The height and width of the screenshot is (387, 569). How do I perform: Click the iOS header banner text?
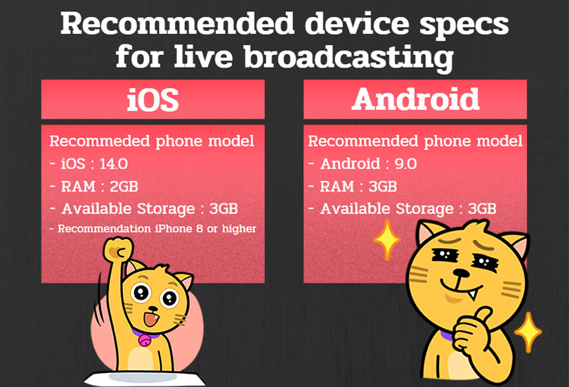[x=152, y=100]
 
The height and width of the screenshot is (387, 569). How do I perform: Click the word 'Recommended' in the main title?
[x=177, y=24]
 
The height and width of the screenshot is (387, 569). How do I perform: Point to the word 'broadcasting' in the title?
[x=348, y=57]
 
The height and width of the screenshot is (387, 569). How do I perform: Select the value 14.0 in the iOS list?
[x=114, y=164]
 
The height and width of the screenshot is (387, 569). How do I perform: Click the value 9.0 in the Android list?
[x=406, y=164]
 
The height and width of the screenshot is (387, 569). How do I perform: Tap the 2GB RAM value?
[x=124, y=186]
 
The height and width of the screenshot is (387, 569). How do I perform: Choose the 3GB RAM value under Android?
[x=383, y=186]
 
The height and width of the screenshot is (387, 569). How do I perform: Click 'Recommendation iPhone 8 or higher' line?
[x=153, y=229]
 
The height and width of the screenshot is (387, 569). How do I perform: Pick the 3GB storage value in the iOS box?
[x=223, y=209]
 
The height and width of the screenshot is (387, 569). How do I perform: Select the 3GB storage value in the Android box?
[x=482, y=209]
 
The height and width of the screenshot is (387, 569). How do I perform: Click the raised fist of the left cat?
[x=118, y=249]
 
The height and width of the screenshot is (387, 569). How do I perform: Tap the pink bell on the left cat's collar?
[x=145, y=340]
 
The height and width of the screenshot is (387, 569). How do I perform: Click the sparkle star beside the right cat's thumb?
[x=528, y=333]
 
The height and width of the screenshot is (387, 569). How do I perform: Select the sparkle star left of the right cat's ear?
[x=387, y=240]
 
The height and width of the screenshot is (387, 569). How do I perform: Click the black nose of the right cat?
[x=461, y=272]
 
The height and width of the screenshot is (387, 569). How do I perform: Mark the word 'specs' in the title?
[x=464, y=25]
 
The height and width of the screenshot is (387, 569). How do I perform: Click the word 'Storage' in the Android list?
[x=424, y=209]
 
